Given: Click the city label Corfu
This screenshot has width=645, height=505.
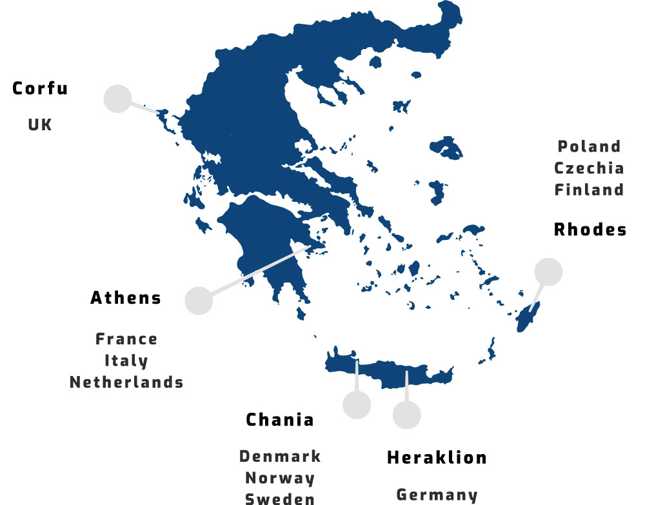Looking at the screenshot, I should pyautogui.click(x=40, y=88).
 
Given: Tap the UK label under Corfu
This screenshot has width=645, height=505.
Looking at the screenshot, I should pyautogui.click(x=40, y=124).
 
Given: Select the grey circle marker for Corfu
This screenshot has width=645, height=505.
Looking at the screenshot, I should pyautogui.click(x=117, y=99).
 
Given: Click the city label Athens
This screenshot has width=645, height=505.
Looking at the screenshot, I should pyautogui.click(x=126, y=298).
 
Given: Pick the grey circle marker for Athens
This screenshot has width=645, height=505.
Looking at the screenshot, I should pyautogui.click(x=199, y=301).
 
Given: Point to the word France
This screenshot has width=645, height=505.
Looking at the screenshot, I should pyautogui.click(x=126, y=339).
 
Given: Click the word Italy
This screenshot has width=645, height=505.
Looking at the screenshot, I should pyautogui.click(x=126, y=361).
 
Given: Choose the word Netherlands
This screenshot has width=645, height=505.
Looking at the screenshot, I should pyautogui.click(x=126, y=382).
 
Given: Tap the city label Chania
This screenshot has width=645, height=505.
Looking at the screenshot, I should pyautogui.click(x=280, y=420).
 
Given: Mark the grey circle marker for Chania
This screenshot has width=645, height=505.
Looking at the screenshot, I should pyautogui.click(x=357, y=404).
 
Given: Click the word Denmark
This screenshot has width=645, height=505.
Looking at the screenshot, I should pyautogui.click(x=280, y=457).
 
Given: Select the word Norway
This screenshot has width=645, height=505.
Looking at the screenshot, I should pyautogui.click(x=280, y=479).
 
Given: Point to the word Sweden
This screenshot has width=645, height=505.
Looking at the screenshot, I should pyautogui.click(x=280, y=499).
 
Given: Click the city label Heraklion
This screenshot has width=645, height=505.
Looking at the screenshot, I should pyautogui.click(x=437, y=458).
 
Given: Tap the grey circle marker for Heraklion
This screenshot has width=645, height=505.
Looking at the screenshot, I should pyautogui.click(x=406, y=415).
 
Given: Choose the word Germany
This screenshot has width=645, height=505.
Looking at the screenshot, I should pyautogui.click(x=437, y=495).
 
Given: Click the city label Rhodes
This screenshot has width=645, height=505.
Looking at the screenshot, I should pyautogui.click(x=590, y=230).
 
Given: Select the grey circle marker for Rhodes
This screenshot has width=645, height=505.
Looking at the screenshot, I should pyautogui.click(x=548, y=272).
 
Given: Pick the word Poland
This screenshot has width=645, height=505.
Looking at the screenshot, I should pyautogui.click(x=589, y=146).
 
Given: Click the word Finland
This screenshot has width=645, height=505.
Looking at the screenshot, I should pyautogui.click(x=589, y=190).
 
